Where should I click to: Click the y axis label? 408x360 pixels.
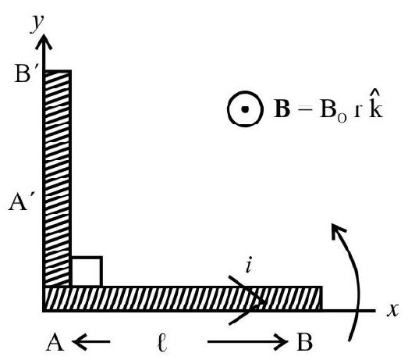[37, 23]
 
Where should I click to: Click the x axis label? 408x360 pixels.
[392, 310]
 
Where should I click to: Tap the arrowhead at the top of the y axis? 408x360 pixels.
[44, 41]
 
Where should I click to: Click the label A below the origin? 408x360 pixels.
[55, 342]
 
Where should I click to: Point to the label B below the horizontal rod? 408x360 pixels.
[304, 342]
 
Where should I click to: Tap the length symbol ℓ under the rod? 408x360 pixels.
[162, 342]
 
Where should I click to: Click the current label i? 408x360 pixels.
[249, 265]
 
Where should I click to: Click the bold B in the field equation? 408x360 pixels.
[282, 109]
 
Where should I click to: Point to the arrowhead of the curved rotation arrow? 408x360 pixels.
[338, 230]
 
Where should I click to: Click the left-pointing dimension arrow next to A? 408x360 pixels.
[90, 341]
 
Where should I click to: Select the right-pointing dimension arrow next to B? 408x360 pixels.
[248, 341]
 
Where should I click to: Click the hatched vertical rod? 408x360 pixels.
[57, 178]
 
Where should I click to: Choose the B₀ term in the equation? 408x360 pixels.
[333, 111]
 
